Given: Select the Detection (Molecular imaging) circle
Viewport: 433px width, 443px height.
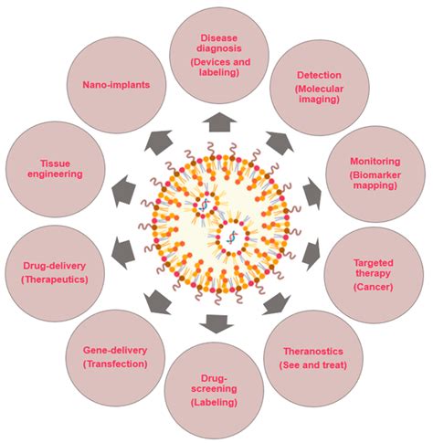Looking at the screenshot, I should click(318, 88).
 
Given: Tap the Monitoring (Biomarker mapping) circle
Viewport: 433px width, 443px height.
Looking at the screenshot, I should click(375, 168).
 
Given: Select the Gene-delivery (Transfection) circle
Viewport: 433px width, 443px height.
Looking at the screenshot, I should click(114, 356).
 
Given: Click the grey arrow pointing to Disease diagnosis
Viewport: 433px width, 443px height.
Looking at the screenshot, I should click(218, 121).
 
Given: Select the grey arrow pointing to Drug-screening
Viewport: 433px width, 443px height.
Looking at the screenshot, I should click(217, 321).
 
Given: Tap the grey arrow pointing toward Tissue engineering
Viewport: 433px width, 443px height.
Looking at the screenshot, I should click(121, 190).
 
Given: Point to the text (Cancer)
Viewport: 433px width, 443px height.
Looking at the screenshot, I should click(375, 287).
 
